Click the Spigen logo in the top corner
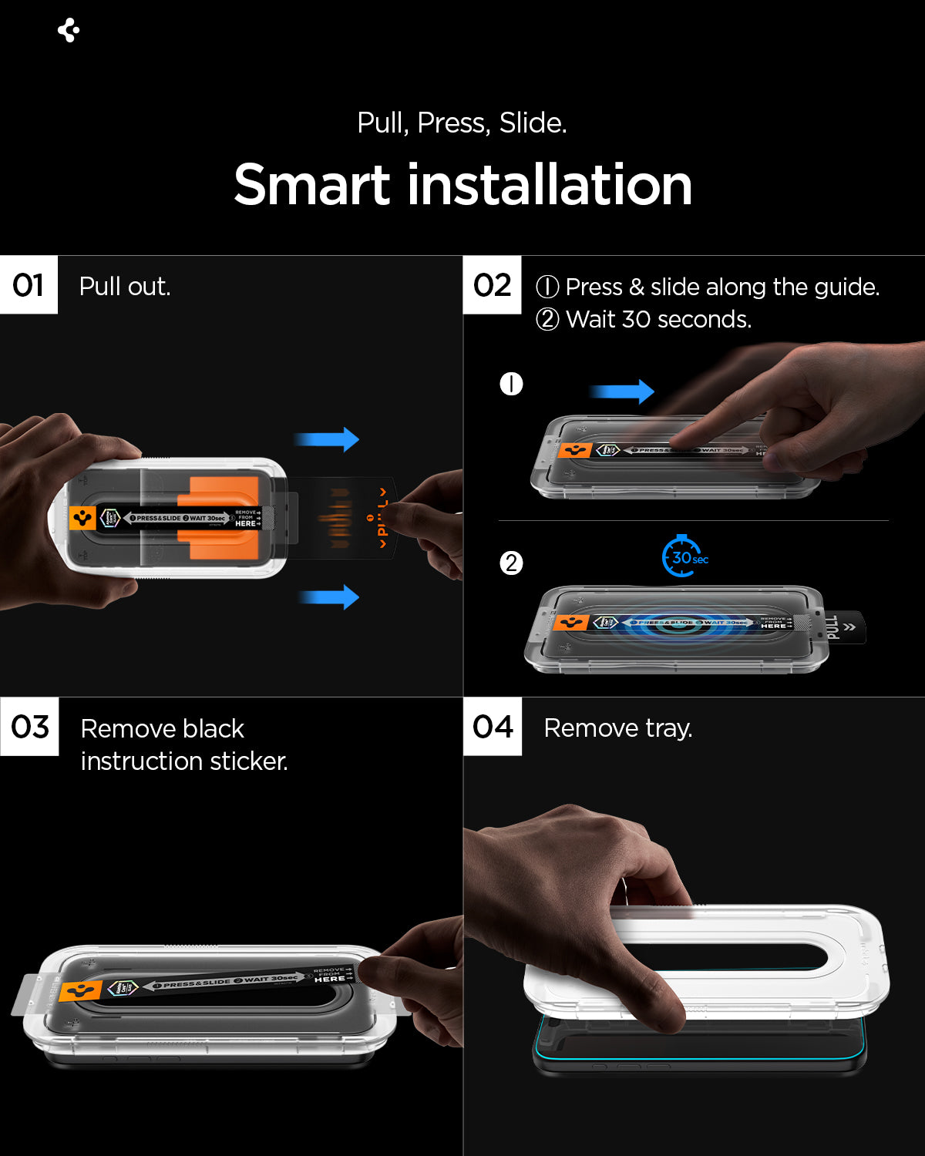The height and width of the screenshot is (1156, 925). (69, 30)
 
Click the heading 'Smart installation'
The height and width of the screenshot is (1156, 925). (462, 185)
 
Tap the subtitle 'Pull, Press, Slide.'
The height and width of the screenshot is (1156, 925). (462, 123)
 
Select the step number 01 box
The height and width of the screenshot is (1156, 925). (29, 285)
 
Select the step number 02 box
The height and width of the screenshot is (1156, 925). (492, 285)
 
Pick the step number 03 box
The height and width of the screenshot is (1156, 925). (29, 727)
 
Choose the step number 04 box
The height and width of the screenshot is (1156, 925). (493, 727)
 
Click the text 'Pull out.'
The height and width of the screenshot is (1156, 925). (125, 287)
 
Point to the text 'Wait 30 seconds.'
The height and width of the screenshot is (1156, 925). (658, 319)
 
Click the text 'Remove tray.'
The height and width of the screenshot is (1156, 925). (618, 728)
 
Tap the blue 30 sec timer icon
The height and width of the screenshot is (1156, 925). (683, 556)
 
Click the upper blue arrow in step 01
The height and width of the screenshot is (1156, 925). (328, 439)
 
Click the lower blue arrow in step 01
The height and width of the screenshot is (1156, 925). (329, 596)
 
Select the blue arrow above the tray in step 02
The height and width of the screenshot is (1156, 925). (623, 391)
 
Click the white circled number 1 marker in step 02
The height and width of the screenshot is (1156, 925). (511, 384)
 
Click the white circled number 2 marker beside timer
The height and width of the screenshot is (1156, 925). (511, 563)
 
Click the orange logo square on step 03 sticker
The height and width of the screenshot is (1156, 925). (80, 991)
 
